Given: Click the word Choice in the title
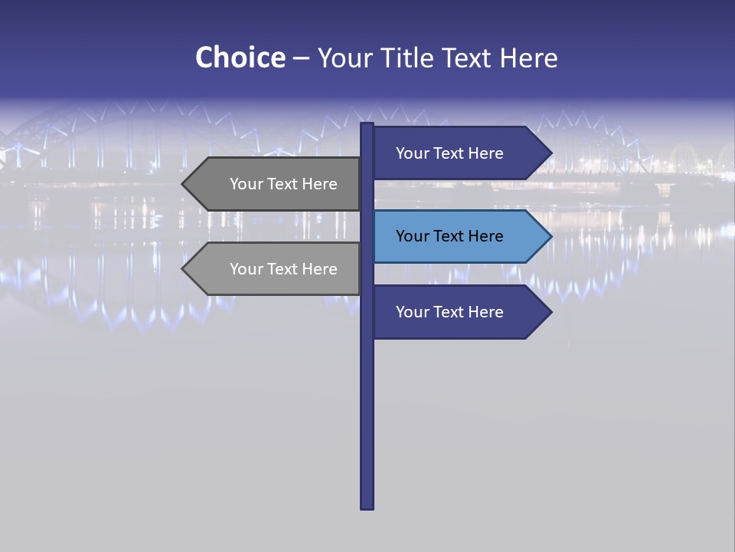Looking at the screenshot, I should (240, 58).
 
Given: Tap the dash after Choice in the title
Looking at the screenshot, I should (301, 59).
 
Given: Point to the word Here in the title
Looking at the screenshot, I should (528, 58).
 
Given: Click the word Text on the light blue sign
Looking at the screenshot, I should (450, 236).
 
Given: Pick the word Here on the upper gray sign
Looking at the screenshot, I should (318, 184).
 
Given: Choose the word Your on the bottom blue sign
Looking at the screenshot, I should (412, 312).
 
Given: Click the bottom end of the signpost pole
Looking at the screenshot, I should (367, 505).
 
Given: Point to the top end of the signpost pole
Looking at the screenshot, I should (367, 126).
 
